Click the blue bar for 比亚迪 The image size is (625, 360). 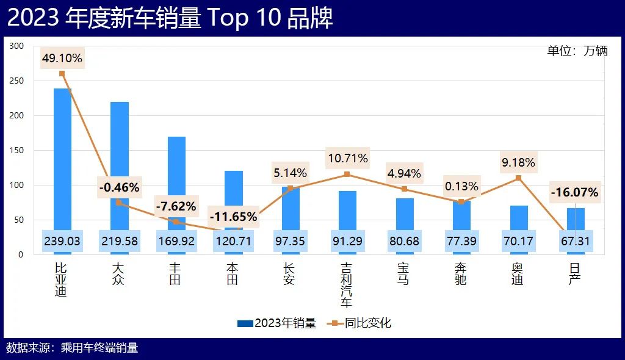point(62,159)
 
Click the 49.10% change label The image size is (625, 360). point(62,59)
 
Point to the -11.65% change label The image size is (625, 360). point(233,217)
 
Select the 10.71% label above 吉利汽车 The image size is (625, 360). point(347,159)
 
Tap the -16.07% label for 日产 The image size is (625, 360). point(574,193)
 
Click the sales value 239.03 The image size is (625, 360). point(62,242)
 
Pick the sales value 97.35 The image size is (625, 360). point(290,242)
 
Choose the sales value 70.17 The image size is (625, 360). point(518,242)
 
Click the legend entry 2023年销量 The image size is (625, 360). point(277,323)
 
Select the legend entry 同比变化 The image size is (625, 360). point(360,323)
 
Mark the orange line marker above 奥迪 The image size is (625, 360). point(518,178)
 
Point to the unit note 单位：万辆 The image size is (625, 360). point(577,51)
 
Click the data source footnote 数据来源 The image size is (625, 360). point(72,348)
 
